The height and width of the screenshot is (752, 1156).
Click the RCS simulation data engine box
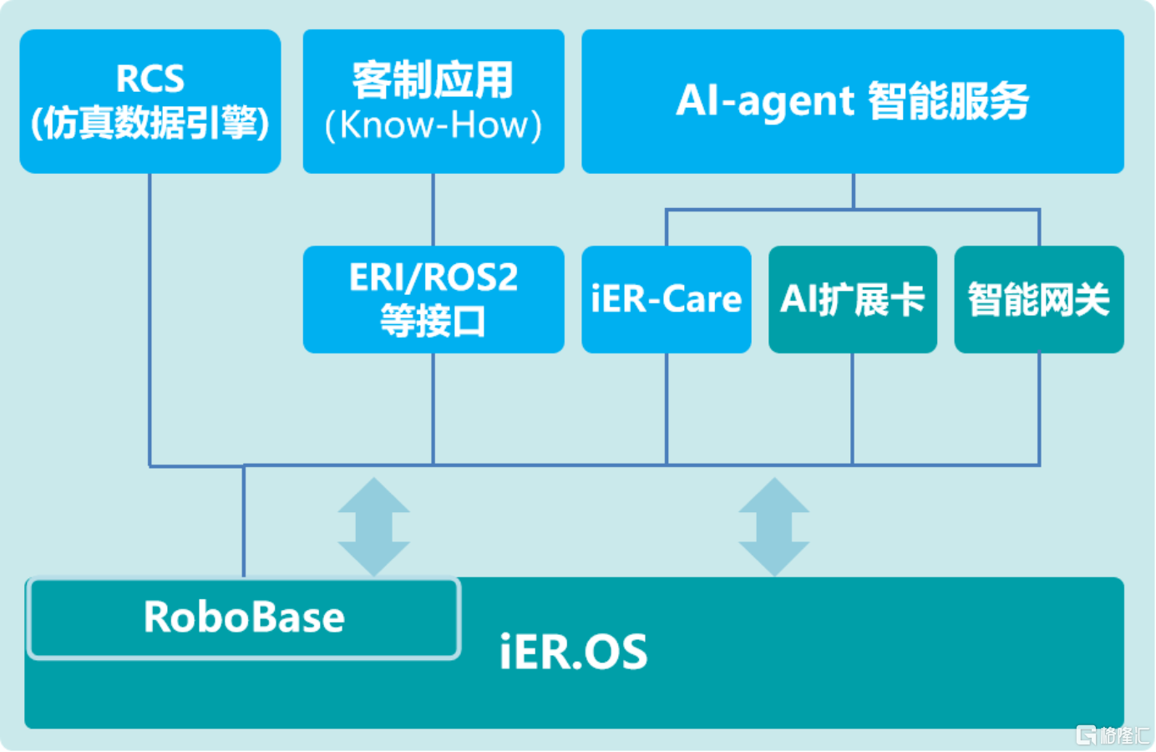[150, 102]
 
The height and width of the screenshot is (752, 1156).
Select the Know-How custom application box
[433, 102]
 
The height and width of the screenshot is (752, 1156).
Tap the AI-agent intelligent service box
[852, 102]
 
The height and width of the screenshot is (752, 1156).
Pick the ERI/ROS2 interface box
[433, 299]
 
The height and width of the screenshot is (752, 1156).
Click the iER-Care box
[666, 299]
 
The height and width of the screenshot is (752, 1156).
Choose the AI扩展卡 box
[852, 299]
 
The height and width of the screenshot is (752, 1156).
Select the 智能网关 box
[1038, 299]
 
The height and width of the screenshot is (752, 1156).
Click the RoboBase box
[244, 617]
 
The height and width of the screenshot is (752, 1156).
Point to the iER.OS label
[573, 653]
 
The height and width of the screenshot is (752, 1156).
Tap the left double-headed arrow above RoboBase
[373, 526]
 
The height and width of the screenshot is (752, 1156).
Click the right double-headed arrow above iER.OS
[773, 526]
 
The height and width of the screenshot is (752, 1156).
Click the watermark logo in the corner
[1111, 734]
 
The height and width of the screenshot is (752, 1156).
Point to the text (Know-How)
[433, 125]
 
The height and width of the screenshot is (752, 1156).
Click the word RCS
[150, 79]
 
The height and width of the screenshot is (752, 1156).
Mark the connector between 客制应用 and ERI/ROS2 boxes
[433, 209]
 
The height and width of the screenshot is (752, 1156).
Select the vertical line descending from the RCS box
[150, 318]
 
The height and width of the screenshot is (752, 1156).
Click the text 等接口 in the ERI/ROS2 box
[433, 321]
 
